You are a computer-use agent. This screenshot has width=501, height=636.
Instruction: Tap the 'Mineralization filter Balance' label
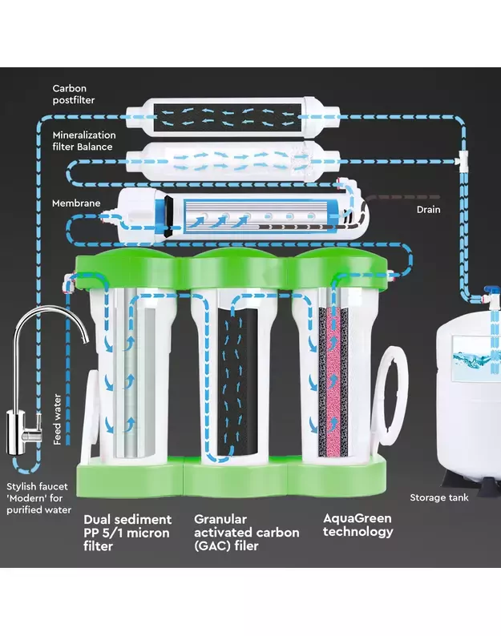[84, 141]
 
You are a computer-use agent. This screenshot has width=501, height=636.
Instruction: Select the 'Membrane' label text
[76, 203]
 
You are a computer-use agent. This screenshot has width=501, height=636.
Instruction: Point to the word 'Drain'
[428, 209]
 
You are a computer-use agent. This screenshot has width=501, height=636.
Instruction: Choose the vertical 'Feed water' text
[57, 419]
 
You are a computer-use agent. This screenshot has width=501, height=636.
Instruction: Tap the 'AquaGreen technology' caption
[358, 525]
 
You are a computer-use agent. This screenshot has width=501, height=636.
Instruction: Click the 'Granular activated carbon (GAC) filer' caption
[246, 532]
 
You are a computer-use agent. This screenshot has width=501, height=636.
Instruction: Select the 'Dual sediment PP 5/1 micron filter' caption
[127, 532]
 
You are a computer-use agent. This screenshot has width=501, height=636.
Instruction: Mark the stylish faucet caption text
[39, 498]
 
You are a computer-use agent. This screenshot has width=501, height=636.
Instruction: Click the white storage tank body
[469, 401]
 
